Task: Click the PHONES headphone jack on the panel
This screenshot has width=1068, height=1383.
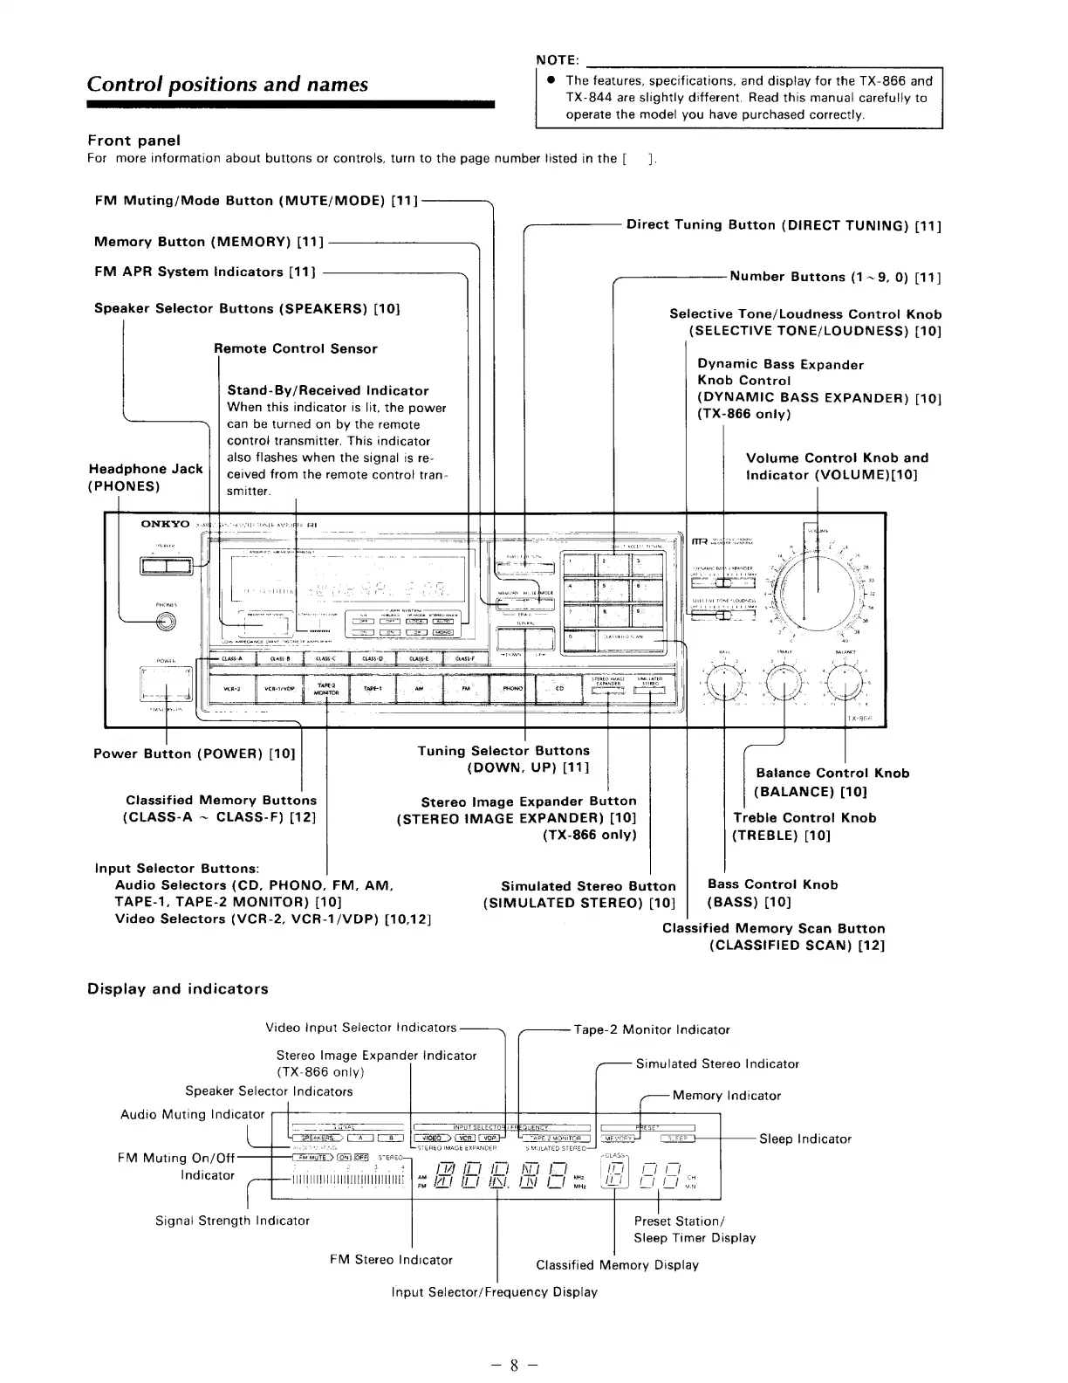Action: coord(163,622)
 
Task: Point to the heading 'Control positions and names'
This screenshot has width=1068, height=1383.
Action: coord(228,84)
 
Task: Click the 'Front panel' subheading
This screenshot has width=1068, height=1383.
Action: coord(133,140)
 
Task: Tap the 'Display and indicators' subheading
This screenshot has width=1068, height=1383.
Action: coord(177,988)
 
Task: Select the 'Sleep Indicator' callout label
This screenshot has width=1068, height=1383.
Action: coord(804,1139)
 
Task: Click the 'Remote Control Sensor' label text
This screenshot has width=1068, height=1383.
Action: coord(295,348)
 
